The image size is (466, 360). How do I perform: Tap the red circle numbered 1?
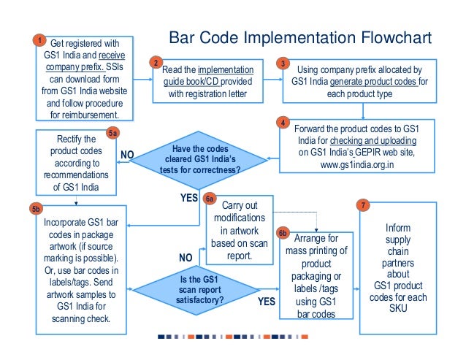tap(39, 40)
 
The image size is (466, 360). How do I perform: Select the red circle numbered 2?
tap(155, 63)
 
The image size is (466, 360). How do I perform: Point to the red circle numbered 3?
tap(283, 64)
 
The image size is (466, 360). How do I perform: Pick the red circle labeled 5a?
tap(112, 134)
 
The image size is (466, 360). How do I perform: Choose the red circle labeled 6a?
tap(210, 199)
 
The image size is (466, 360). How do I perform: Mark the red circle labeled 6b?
tap(283, 233)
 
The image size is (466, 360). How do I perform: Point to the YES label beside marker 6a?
tap(190, 198)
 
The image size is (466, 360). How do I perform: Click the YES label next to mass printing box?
tap(266, 300)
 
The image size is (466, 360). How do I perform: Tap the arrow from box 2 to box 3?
tap(268, 80)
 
